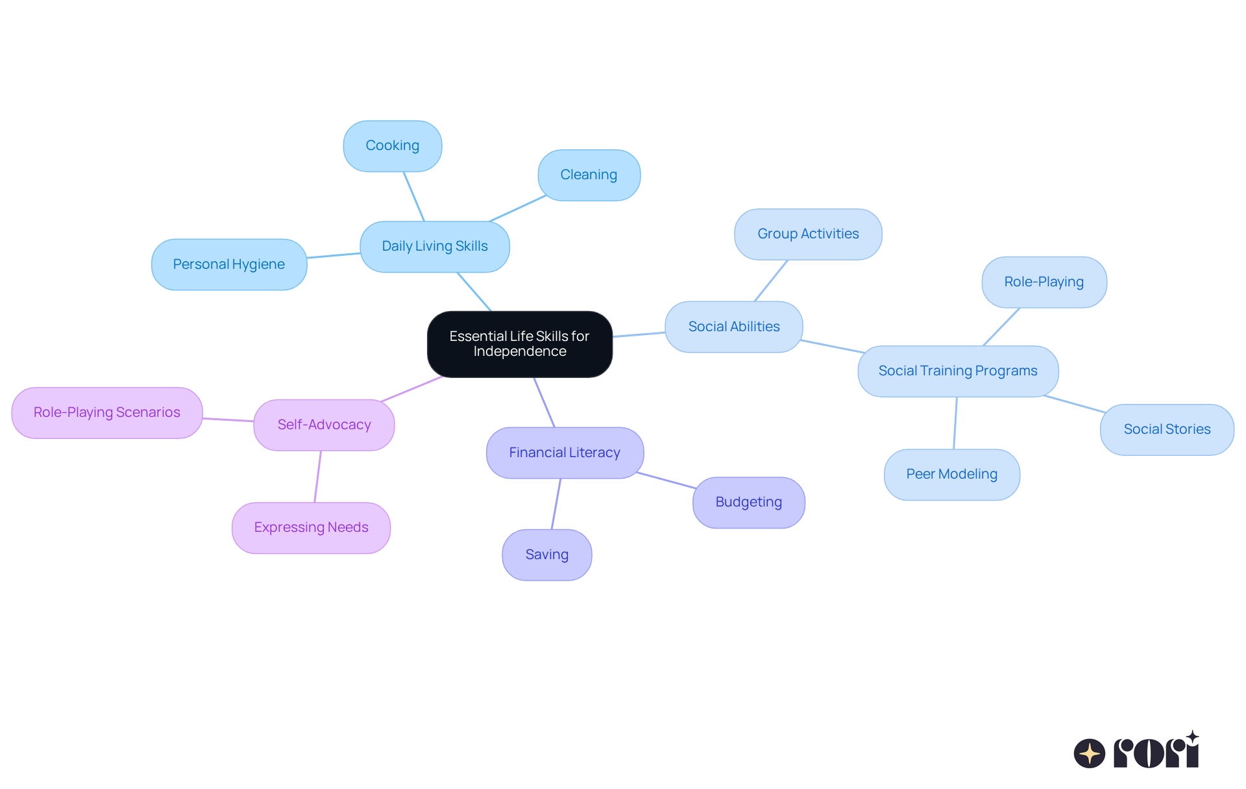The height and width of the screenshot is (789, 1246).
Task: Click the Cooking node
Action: pos(393,146)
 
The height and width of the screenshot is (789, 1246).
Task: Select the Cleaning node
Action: pos(589,175)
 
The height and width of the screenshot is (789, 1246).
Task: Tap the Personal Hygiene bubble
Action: pos(229,264)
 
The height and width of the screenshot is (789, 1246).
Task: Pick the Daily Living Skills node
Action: pos(435,247)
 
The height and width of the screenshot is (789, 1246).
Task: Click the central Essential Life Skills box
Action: pos(519,344)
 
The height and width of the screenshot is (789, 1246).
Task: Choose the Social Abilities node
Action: pos(734,327)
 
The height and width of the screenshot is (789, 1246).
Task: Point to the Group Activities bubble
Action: pos(808,234)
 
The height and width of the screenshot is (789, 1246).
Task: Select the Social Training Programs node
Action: pos(958,371)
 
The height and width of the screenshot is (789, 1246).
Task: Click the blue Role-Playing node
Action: pos(1044,282)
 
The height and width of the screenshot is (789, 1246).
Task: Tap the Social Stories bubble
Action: pos(1167,429)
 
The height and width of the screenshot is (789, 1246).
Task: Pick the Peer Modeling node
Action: pos(951,475)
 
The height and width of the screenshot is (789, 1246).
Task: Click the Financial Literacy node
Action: pos(565,453)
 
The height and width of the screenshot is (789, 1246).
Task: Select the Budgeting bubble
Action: pos(749,503)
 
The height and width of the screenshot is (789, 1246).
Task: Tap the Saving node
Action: pos(547,555)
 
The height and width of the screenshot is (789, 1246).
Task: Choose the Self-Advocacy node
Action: pos(324,425)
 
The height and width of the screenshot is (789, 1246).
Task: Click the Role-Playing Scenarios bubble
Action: pos(107,413)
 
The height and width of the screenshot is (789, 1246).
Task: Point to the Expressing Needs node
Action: pos(311,528)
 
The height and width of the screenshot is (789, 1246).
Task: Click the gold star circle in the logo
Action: pos(1089,753)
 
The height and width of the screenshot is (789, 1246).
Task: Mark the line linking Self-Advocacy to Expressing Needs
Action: pos(317,477)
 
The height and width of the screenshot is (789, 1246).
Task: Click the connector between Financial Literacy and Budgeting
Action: pos(666,481)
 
